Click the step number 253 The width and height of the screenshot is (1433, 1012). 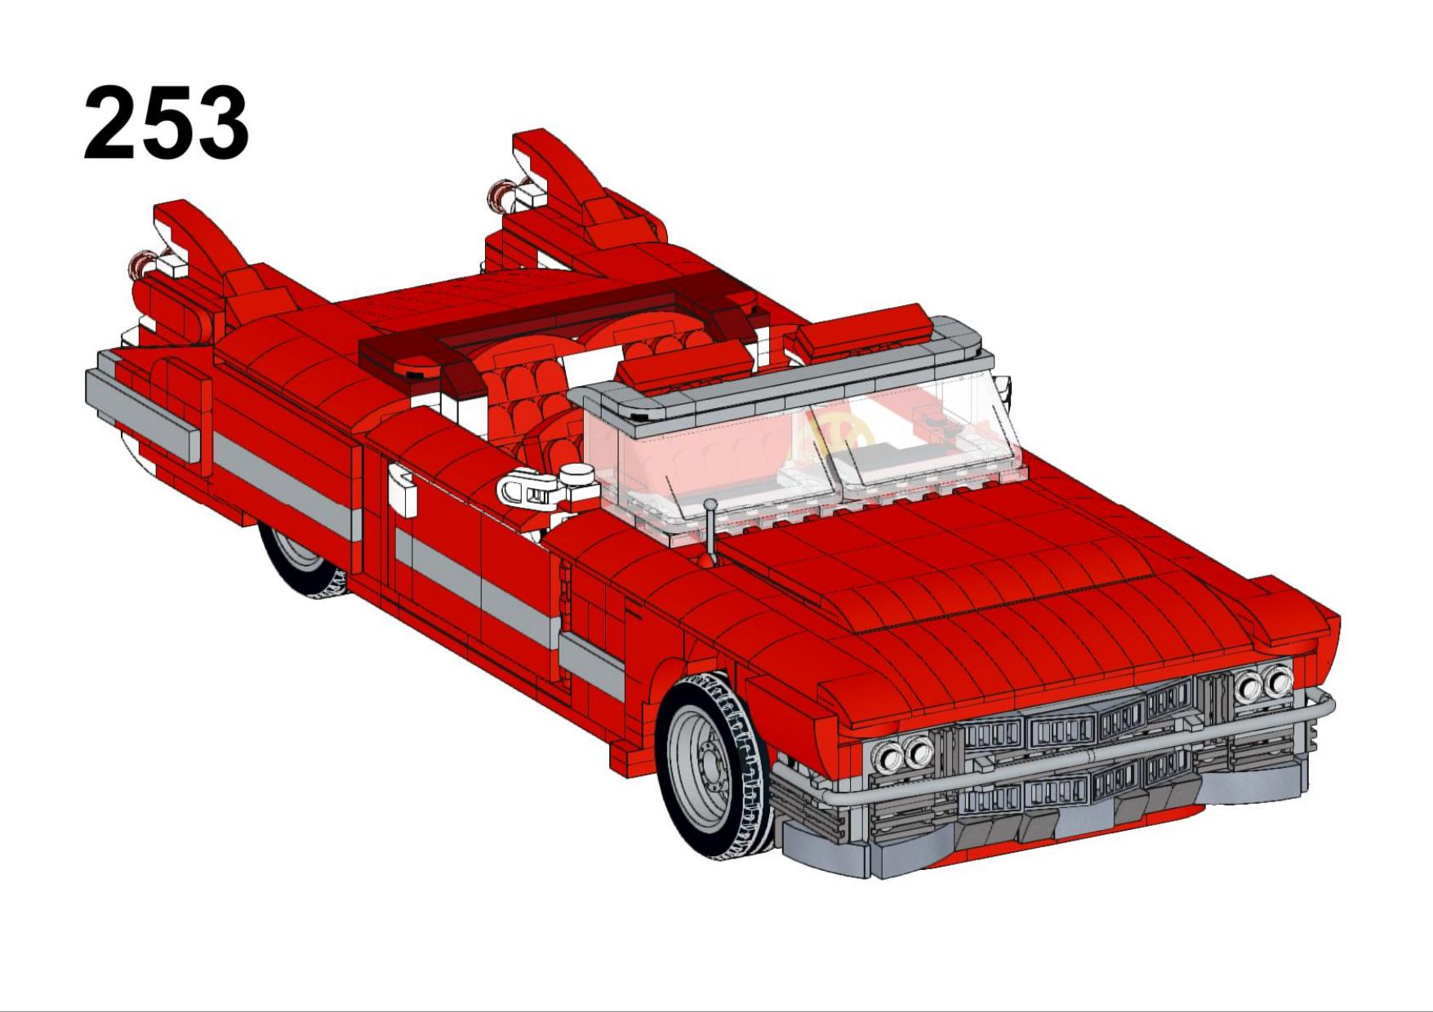pos(167,122)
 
